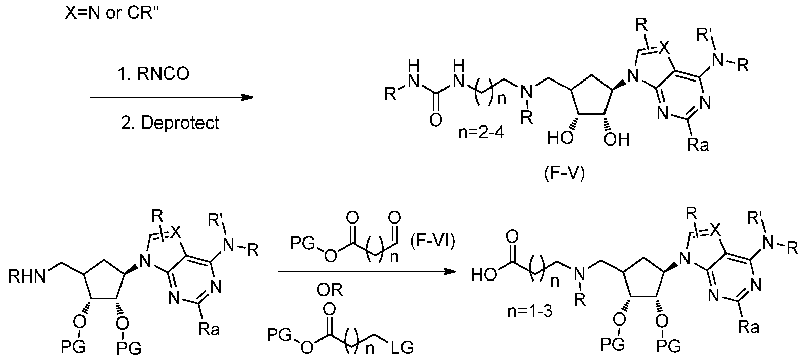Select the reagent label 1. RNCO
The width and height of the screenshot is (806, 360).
[x=153, y=74]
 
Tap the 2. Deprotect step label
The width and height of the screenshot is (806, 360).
[x=170, y=123]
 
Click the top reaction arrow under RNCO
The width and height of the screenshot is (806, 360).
[x=171, y=97]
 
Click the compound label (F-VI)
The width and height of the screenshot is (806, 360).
[x=432, y=241]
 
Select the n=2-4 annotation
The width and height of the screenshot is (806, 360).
[x=481, y=133]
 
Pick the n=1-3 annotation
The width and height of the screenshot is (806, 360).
[x=530, y=311]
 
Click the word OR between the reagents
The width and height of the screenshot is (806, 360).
[x=330, y=290]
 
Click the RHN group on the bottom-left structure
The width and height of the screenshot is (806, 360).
[x=27, y=276]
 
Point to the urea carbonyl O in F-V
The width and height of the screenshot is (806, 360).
[x=436, y=119]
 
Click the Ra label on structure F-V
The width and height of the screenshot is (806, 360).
[x=698, y=145]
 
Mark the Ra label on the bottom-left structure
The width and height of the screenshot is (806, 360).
[x=210, y=329]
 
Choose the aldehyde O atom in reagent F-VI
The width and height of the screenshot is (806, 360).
[x=395, y=218]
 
